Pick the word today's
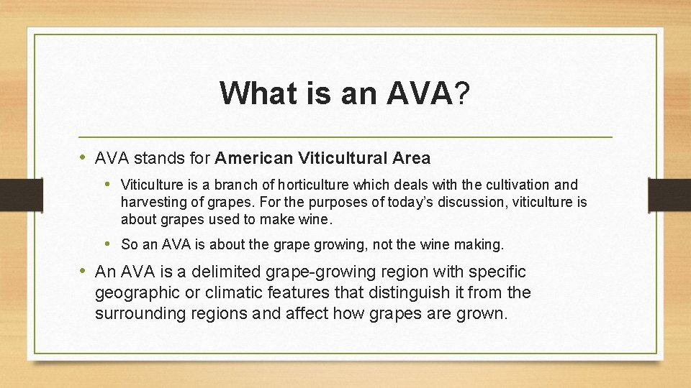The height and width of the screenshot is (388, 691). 407,202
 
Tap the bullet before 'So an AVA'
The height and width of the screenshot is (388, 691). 109,244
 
